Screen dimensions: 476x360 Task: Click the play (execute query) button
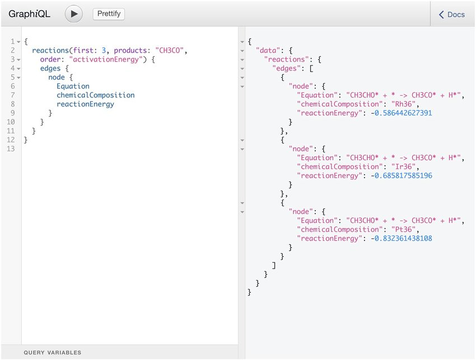(x=73, y=14)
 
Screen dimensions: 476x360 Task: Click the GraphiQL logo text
(x=29, y=14)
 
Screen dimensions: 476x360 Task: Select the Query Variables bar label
(x=52, y=353)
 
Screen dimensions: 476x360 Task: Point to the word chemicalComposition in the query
(x=95, y=95)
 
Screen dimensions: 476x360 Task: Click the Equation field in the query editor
(x=73, y=86)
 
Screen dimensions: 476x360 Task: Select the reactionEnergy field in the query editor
(x=85, y=104)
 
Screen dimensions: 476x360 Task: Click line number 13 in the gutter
(x=11, y=149)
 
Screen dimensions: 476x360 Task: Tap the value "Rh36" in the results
(x=403, y=104)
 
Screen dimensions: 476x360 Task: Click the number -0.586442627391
(x=401, y=113)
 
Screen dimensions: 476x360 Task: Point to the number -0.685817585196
(x=401, y=176)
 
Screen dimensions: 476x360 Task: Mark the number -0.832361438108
(x=401, y=239)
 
